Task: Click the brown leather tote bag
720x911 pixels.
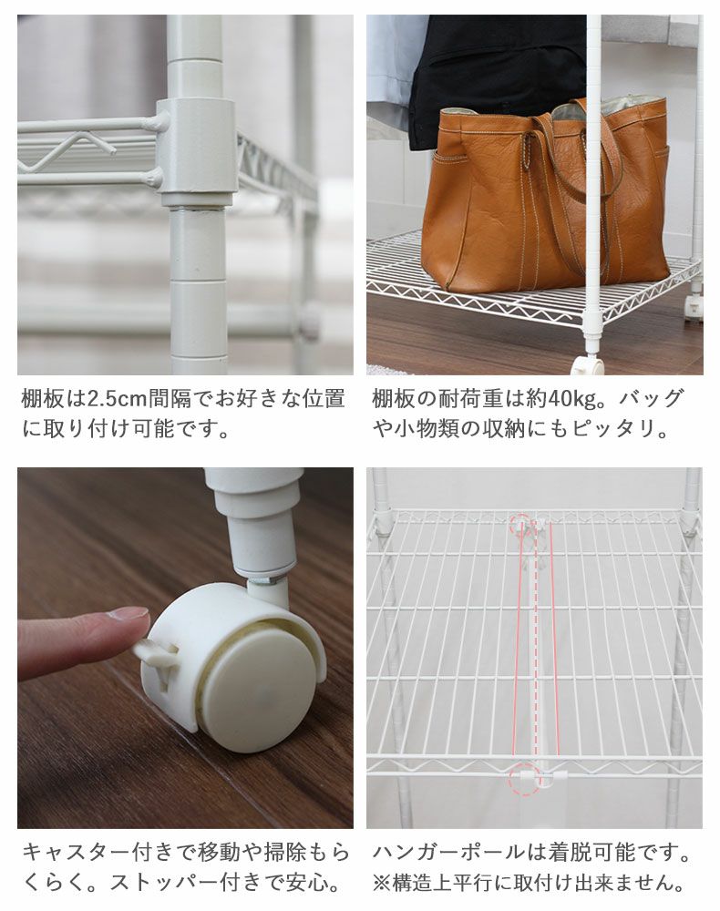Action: (545, 198)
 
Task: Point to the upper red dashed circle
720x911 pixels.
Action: (520, 526)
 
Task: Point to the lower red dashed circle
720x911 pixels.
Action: (524, 780)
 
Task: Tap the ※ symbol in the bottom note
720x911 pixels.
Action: (382, 883)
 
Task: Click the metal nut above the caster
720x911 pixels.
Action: (265, 580)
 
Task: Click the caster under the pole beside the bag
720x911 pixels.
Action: (588, 365)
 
